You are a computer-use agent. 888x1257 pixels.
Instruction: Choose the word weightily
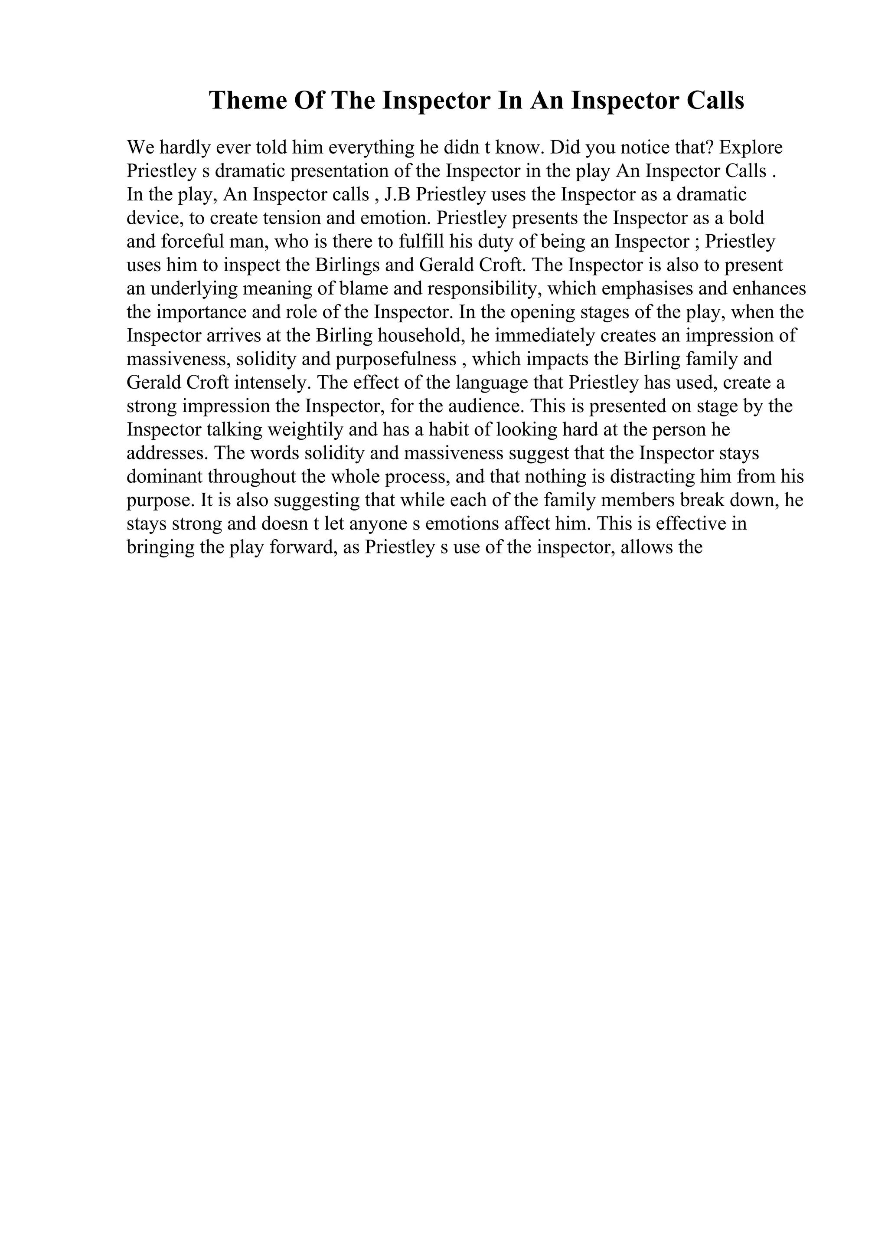[305, 430]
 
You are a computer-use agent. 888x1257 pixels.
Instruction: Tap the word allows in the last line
[646, 547]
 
